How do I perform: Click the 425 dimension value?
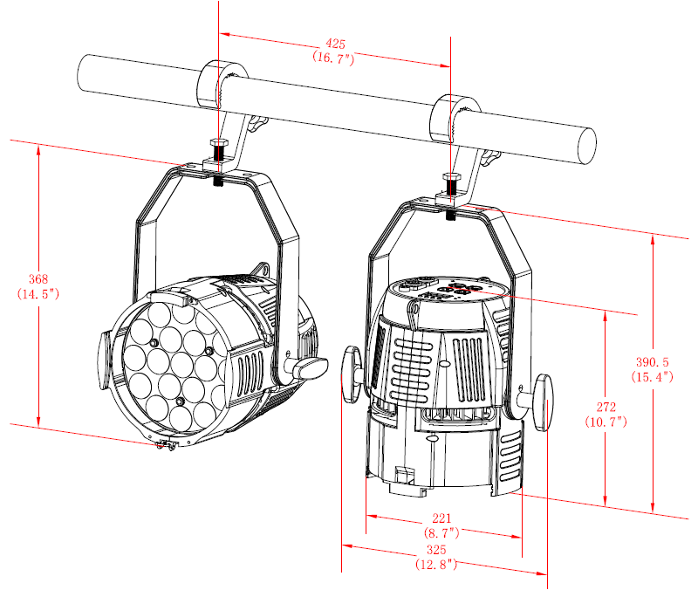(x=335, y=44)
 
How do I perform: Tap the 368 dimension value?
(x=38, y=279)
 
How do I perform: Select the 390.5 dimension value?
(x=652, y=362)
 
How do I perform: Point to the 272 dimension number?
(x=606, y=407)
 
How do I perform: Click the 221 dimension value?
(x=441, y=518)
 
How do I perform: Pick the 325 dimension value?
(x=436, y=550)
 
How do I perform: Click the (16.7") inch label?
(x=333, y=58)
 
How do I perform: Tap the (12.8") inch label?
(x=436, y=564)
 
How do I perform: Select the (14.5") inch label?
(x=38, y=293)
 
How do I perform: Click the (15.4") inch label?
(x=652, y=377)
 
